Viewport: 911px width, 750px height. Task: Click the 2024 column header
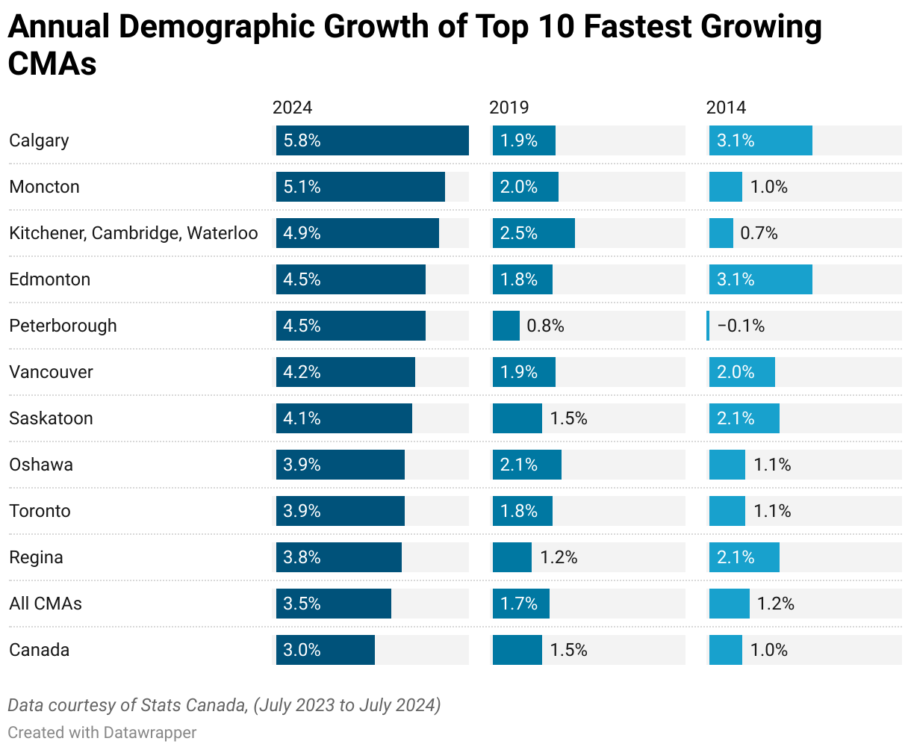292,108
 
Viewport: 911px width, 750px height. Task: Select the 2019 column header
509,108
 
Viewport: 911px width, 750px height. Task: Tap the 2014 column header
726,108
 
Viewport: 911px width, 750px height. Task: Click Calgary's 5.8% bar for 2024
372,140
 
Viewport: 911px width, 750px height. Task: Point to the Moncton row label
44,187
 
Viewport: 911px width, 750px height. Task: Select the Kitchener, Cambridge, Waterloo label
133,233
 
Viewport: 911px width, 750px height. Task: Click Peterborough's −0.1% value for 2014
741,326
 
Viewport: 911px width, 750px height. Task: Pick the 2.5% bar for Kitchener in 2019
533,233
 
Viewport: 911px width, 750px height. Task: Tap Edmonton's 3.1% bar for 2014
760,279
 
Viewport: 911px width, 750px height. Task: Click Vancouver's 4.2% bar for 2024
345,372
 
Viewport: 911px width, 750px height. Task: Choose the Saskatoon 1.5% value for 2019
568,418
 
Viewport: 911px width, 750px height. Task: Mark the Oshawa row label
41,465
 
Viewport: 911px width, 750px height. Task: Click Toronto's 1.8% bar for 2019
522,511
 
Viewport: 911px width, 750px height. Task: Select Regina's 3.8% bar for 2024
338,557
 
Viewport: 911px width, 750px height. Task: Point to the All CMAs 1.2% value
775,604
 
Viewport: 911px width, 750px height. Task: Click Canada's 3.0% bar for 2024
325,650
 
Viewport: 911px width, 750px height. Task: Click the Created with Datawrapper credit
102,732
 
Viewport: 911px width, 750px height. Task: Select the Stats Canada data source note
224,705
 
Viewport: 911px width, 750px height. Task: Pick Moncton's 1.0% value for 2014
768,187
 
